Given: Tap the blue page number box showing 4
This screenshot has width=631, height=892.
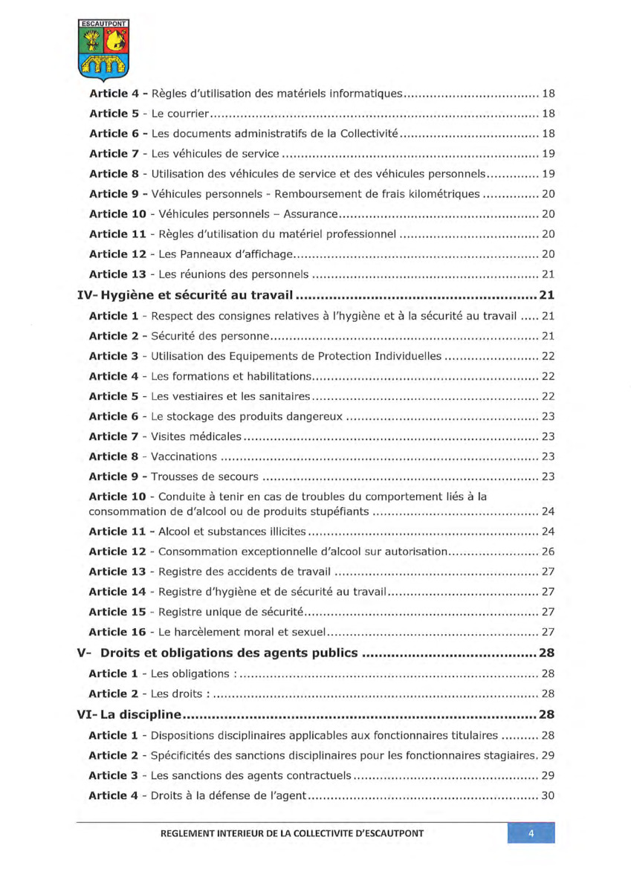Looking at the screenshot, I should pos(531,833).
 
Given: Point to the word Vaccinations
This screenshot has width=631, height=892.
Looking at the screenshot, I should pos(184,456).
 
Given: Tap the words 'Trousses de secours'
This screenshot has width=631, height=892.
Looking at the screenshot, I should pos(205,476).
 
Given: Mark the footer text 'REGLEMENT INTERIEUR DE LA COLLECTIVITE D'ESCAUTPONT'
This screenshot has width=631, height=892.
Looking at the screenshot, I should pos(292,833).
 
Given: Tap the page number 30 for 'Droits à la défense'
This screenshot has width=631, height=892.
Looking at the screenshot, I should pos(548,796).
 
